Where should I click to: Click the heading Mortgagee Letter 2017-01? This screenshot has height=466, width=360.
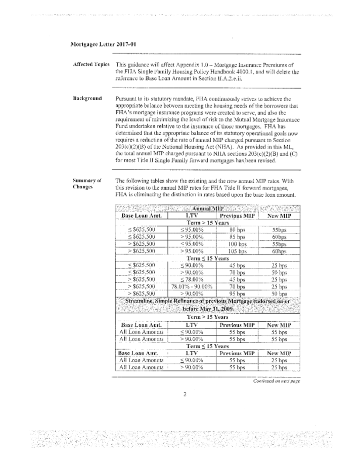pyautogui.click(x=103, y=44)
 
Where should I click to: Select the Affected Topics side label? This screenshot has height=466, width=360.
pyautogui.click(x=88, y=65)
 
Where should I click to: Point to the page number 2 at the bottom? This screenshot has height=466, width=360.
pyautogui.click(x=185, y=396)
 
